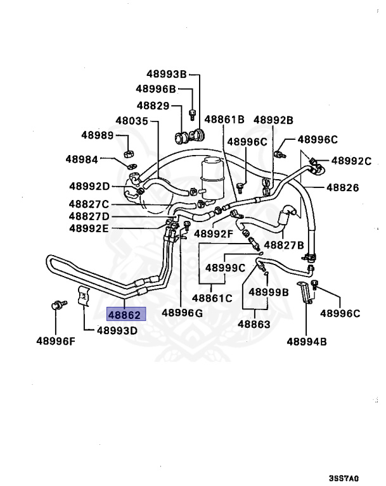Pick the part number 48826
pos(342,187)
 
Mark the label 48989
pos(97,135)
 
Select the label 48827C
pos(89,204)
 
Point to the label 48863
pos(254,325)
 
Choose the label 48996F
pos(55,342)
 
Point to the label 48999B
pos(268,292)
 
